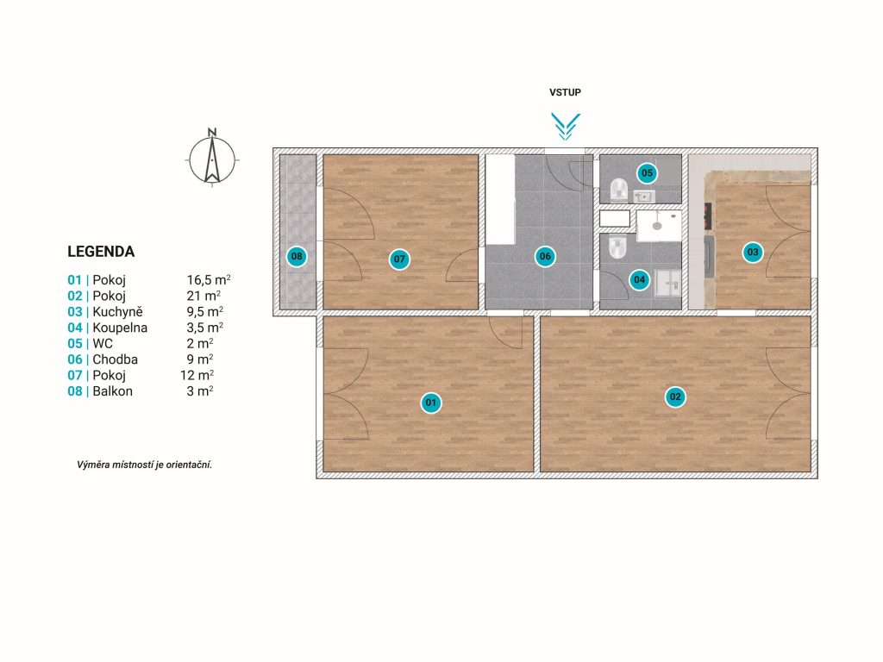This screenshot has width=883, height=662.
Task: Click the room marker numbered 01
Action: point(431,403)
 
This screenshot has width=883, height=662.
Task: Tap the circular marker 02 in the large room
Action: point(675,397)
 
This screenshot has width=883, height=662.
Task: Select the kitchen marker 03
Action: point(753,253)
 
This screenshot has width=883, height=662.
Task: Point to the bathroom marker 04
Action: point(639,280)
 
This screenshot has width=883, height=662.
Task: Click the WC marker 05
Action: point(647,172)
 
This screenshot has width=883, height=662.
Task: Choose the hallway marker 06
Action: point(545,257)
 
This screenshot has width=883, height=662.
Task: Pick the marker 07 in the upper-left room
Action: point(399,259)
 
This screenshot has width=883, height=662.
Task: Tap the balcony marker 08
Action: point(297,257)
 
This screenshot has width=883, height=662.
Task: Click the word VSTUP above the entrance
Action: point(566,92)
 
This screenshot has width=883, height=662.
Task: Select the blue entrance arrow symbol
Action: point(566,127)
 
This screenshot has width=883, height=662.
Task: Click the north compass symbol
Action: point(212,158)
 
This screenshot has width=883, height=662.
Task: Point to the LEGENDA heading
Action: point(101,252)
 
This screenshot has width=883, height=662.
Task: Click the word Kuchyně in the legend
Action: point(117,312)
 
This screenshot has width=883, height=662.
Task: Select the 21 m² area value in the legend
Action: point(204,296)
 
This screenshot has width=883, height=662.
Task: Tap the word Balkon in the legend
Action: point(113,391)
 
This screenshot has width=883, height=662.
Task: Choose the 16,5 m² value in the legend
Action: point(209,280)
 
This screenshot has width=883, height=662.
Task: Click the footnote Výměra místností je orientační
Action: point(145,465)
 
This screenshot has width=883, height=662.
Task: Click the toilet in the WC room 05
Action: point(618,188)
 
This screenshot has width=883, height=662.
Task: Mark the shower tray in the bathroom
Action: point(659,226)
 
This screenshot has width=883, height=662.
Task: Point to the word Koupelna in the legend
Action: point(120,328)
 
